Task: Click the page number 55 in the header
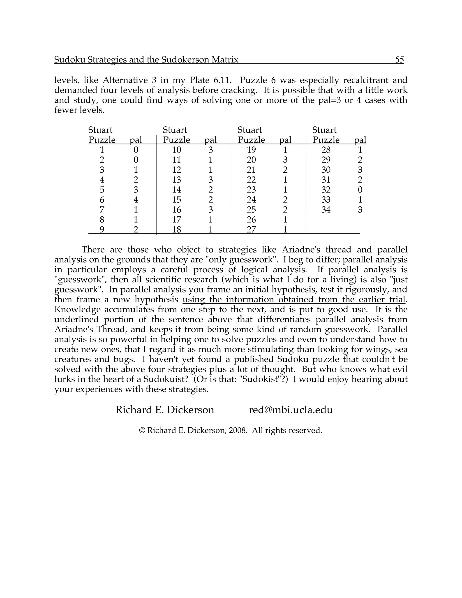(399, 60)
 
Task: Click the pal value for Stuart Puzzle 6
(136, 200)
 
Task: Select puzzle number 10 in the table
(177, 150)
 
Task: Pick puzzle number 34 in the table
(326, 210)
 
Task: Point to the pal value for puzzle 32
(360, 190)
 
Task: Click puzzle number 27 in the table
(251, 229)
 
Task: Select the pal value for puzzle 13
(210, 180)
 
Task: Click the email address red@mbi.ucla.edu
(291, 410)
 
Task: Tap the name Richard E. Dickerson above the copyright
(165, 410)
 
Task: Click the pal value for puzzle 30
(360, 170)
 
